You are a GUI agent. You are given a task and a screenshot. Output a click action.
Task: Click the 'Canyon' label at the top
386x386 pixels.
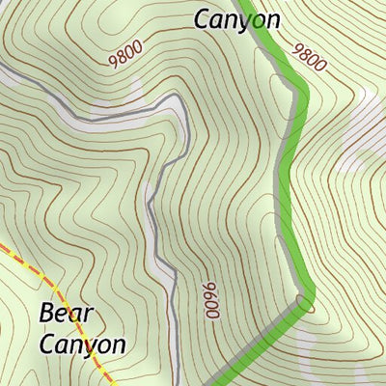point(236,18)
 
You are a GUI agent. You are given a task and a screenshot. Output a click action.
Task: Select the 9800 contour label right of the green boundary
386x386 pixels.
point(310,58)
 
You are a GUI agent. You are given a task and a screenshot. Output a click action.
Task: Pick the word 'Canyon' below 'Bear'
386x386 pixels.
point(82,345)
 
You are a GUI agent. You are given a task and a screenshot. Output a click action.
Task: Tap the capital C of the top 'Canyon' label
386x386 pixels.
point(203,18)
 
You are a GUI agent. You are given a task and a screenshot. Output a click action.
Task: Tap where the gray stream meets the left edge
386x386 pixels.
point(2,69)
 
